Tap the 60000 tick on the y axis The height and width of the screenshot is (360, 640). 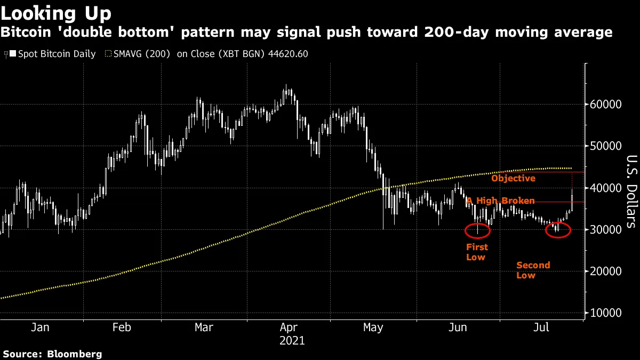tap(605, 104)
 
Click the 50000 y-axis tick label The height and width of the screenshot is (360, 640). tap(605, 146)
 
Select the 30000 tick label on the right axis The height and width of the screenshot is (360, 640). tap(605, 229)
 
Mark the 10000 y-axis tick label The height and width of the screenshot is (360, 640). tap(605, 313)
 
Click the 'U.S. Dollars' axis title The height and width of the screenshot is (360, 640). tap(630, 191)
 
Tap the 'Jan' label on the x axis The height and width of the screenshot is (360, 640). tap(40, 327)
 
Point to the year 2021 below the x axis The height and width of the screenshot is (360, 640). tap(292, 340)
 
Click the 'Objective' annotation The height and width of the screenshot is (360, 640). tap(513, 178)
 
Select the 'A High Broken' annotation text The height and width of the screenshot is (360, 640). tap(500, 201)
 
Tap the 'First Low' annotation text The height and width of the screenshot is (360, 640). tap(477, 252)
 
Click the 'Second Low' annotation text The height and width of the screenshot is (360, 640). tap(533, 270)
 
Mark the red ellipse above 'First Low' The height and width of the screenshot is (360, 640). tap(477, 230)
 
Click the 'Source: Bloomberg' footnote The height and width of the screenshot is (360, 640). tap(52, 354)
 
